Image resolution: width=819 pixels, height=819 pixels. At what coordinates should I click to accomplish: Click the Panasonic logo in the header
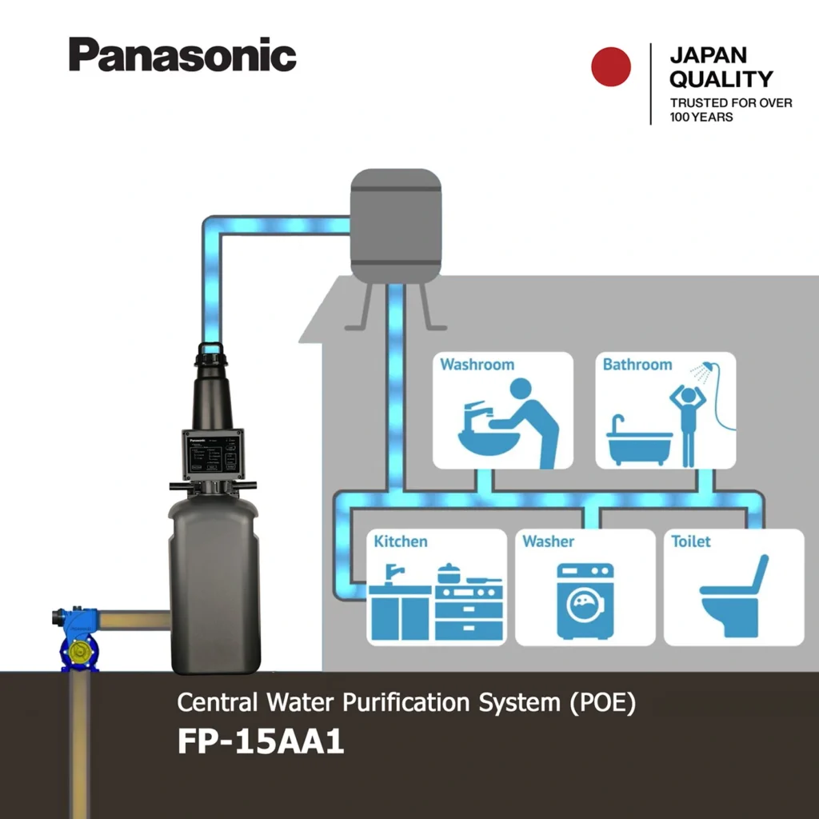tap(182, 54)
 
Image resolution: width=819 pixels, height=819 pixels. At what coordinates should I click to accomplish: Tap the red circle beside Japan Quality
tap(611, 66)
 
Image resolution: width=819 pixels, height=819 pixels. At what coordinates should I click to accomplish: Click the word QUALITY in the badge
tap(721, 79)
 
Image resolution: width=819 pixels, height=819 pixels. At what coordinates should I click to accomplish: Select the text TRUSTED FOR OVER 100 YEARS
tap(730, 110)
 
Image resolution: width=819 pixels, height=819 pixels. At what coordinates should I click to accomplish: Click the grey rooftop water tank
tap(396, 226)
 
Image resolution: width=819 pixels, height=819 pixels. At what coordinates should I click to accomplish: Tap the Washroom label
tap(477, 365)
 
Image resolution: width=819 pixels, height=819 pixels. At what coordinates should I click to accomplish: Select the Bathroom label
tap(637, 365)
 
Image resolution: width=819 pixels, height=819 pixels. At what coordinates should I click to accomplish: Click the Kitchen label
tap(401, 541)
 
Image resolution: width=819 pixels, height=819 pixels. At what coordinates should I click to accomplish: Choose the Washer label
tap(549, 541)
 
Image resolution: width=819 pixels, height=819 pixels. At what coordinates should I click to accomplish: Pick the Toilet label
tap(691, 541)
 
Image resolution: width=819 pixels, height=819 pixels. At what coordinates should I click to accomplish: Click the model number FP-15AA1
tap(261, 741)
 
